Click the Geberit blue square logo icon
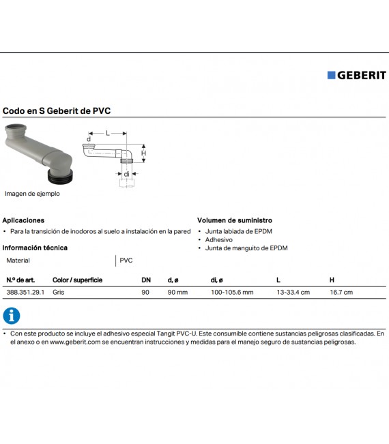332,75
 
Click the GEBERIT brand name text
362,75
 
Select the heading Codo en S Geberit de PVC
57,110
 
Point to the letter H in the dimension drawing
144,153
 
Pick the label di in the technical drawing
126,174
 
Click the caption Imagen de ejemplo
32,194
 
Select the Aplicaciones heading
23,220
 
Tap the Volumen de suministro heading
235,220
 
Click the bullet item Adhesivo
219,240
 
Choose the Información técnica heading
35,248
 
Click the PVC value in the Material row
126,261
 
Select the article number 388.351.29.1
25,292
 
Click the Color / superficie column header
77,280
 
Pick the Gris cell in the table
59,292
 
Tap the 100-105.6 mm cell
232,292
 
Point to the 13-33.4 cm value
293,292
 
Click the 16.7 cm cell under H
341,292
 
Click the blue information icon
12,316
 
